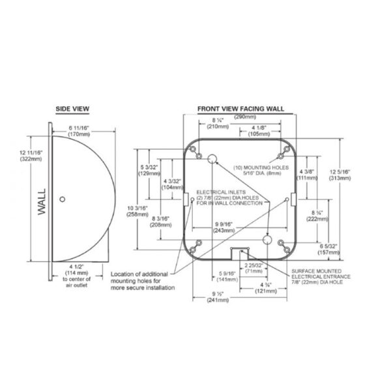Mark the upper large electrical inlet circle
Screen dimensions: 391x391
(212, 160)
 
